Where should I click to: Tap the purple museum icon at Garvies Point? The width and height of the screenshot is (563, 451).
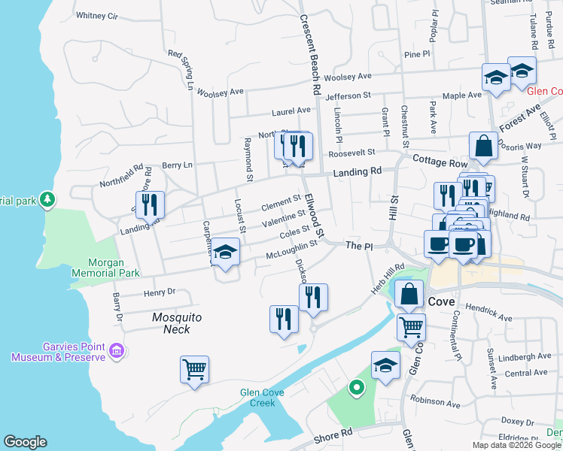tap(116, 350)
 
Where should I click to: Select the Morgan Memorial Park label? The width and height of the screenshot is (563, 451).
tap(105, 268)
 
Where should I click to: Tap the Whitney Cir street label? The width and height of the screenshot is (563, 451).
tap(97, 15)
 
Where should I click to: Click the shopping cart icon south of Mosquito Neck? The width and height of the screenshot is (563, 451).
tap(194, 370)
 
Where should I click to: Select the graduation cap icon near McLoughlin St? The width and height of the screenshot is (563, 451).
tap(225, 253)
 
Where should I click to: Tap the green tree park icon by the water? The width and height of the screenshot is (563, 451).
tap(48, 199)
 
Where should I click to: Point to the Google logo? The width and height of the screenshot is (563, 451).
tap(25, 441)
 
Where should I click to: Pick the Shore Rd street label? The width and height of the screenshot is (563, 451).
tap(333, 434)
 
